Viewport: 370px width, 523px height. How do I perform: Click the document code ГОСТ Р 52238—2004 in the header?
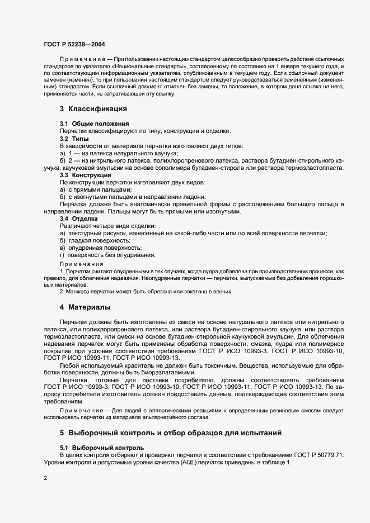(74, 43)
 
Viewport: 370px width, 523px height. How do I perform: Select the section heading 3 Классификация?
(93, 108)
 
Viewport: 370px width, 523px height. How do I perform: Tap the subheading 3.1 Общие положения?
(95, 123)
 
